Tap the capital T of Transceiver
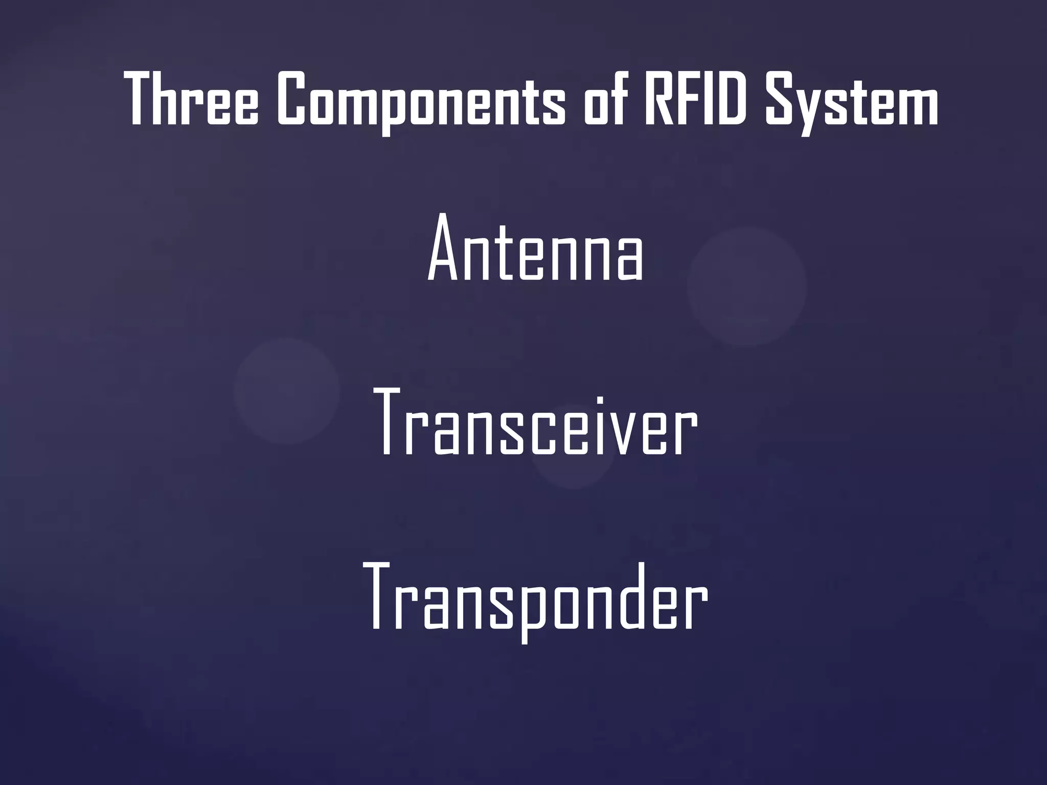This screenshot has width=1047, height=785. (x=393, y=423)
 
